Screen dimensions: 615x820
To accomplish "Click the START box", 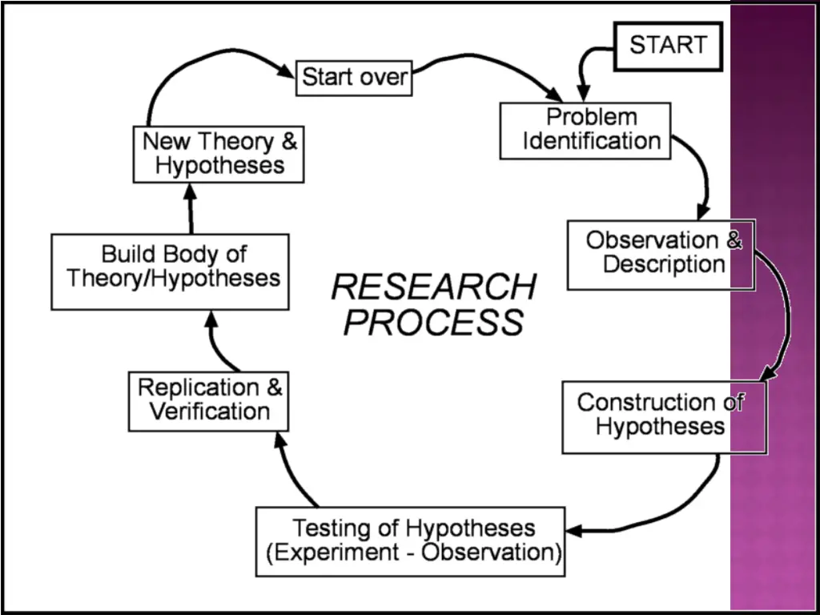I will pyautogui.click(x=668, y=45).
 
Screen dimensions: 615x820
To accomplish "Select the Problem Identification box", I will pyautogui.click(x=585, y=130).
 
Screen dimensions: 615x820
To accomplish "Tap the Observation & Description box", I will pyautogui.click(x=661, y=254).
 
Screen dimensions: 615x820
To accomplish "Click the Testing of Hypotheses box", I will pyautogui.click(x=410, y=541).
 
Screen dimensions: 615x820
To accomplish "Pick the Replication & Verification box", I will pyautogui.click(x=208, y=400).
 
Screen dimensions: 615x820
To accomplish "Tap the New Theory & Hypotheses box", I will pyautogui.click(x=218, y=154).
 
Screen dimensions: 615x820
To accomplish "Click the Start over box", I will pyautogui.click(x=355, y=78).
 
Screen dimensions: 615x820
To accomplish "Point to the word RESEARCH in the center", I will pyautogui.click(x=433, y=287).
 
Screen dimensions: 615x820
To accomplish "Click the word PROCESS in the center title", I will pyautogui.click(x=433, y=322).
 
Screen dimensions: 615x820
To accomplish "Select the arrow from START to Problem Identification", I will pyautogui.click(x=591, y=64).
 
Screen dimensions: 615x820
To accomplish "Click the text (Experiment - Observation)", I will pyautogui.click(x=412, y=553).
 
